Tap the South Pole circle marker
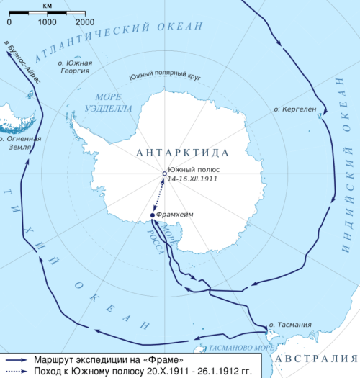164,174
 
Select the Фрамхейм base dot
153,215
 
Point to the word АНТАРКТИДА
181,153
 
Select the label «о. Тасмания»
290,325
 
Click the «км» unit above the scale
47,5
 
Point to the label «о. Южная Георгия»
75,66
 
